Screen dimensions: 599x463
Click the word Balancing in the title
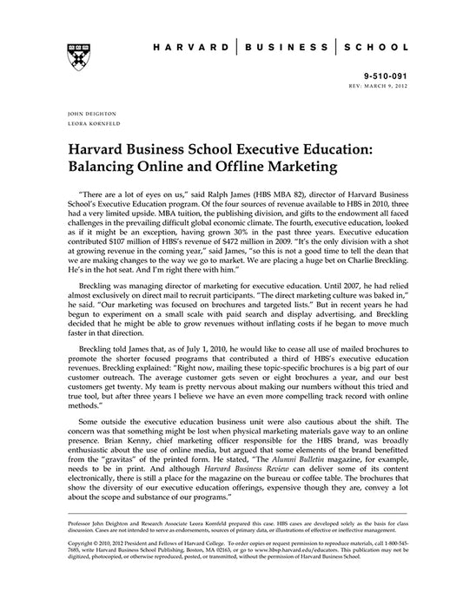coord(103,161)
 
